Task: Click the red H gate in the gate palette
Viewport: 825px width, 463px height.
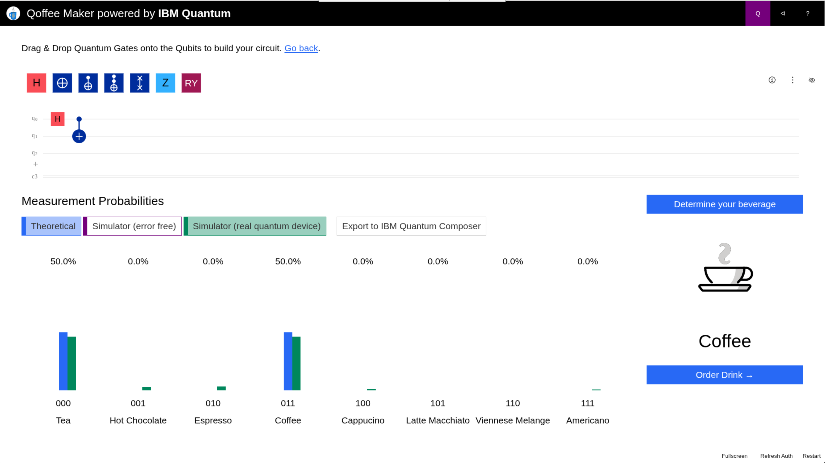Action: pos(37,83)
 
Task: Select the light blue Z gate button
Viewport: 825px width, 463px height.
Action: pos(165,83)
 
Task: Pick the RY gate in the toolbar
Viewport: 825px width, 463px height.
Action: pos(191,83)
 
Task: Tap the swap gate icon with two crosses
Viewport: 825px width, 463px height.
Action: pos(140,83)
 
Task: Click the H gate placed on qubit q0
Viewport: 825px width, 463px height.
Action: pos(58,119)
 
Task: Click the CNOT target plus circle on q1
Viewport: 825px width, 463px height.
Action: pos(79,136)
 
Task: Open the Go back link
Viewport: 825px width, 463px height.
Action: pos(301,48)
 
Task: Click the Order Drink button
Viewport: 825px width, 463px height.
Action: pos(724,375)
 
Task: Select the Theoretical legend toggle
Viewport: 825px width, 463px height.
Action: pos(51,226)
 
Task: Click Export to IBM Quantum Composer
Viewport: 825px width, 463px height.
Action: pos(411,226)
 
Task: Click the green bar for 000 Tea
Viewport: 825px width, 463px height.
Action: pos(72,363)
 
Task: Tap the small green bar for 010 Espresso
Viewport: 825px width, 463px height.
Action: pos(221,388)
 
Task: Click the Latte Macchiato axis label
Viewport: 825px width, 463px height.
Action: pos(437,420)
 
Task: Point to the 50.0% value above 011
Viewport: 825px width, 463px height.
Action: pos(288,261)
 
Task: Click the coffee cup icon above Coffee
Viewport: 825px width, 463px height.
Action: pos(725,269)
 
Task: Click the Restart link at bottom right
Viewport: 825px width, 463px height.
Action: pos(811,456)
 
